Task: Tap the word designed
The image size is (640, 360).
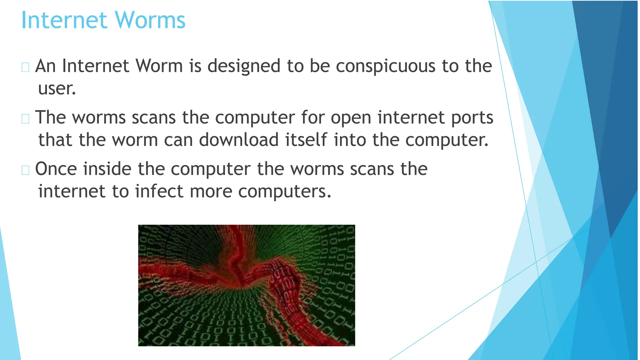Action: [x=244, y=66]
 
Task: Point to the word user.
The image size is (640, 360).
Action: [x=57, y=89]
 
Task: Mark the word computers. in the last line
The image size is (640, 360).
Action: [x=284, y=191]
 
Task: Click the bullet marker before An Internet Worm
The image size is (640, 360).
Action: [x=25, y=67]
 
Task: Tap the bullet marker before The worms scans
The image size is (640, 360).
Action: [x=25, y=119]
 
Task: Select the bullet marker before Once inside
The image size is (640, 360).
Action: [x=25, y=170]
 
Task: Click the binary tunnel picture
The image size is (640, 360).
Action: [x=246, y=285]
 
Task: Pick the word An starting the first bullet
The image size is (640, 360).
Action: [x=45, y=66]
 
